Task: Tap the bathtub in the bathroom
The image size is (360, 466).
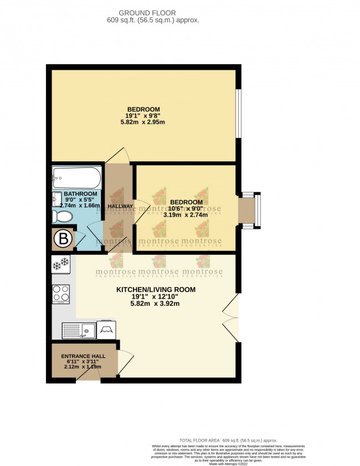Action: click(76, 178)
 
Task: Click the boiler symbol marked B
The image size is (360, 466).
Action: click(63, 239)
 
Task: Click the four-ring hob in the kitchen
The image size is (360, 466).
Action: click(60, 294)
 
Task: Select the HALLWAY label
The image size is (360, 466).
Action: click(120, 206)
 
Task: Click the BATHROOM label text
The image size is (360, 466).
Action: click(80, 194)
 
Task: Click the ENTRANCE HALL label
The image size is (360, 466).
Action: click(83, 356)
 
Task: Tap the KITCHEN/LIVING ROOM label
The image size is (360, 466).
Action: click(156, 290)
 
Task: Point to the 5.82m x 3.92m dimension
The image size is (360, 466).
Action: click(156, 304)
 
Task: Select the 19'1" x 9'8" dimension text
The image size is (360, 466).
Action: click(143, 116)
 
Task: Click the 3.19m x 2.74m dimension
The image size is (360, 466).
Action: click(186, 215)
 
